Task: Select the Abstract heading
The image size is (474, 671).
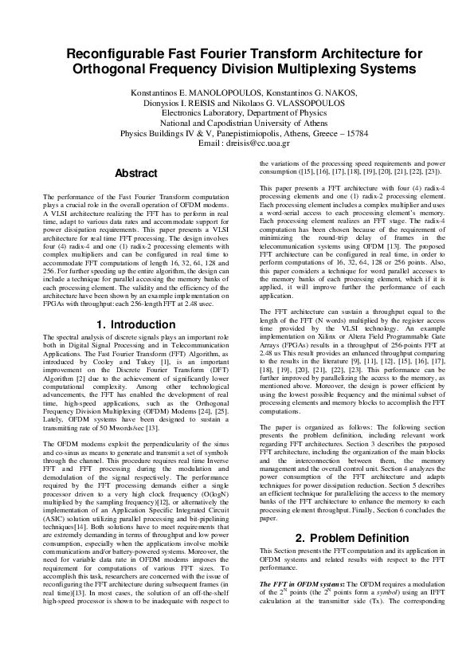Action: (x=136, y=173)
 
